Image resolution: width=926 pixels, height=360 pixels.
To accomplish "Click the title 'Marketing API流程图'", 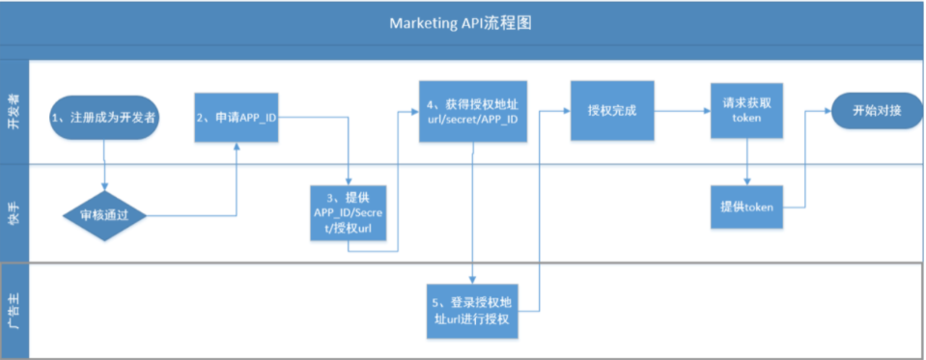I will pos(462,22).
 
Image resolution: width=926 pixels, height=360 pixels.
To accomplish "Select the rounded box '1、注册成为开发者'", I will pos(104,118).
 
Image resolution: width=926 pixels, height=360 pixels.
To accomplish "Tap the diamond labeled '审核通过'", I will pos(104,214).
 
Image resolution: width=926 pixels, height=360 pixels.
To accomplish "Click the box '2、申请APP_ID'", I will pos(238,118).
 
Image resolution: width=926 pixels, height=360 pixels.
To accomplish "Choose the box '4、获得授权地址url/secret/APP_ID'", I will pos(473,111).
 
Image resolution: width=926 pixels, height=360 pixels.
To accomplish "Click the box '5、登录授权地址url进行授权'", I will pos(472,311).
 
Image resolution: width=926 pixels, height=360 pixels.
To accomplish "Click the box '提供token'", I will pos(746,208).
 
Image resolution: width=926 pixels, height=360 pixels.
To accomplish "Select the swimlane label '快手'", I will pos(14,212).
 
